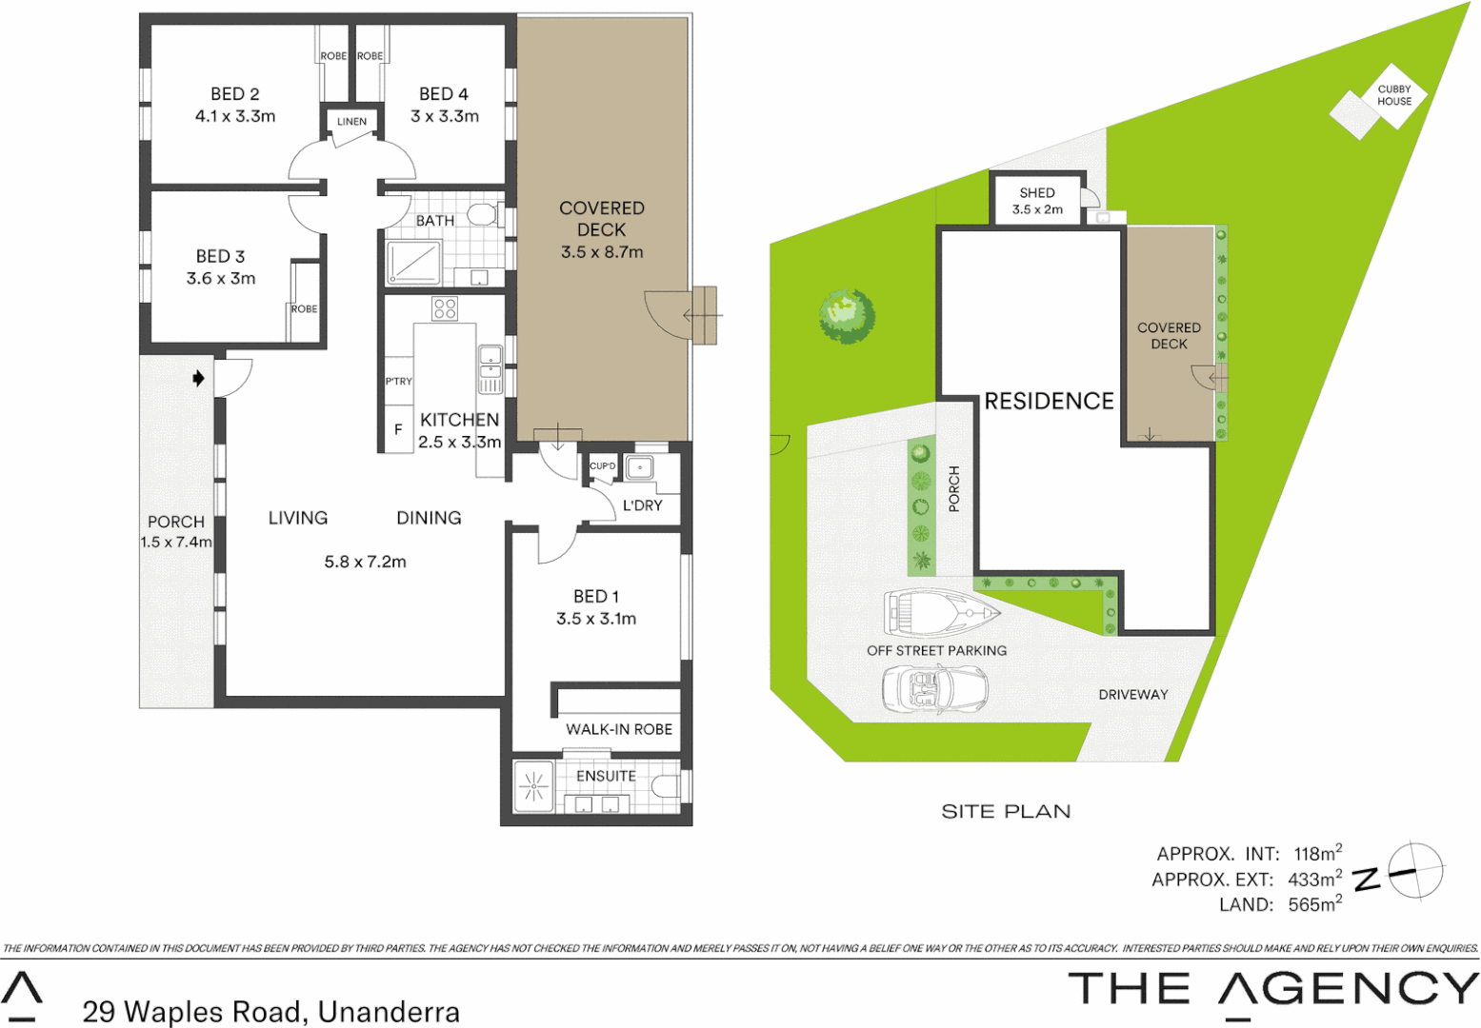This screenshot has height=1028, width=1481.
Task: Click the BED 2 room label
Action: (x=234, y=94)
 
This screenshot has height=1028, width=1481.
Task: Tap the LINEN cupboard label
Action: (x=351, y=122)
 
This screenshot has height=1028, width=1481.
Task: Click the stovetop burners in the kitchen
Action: (x=445, y=308)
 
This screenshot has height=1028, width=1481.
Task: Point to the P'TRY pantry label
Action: (x=398, y=381)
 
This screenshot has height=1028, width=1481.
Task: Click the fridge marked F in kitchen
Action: (x=398, y=429)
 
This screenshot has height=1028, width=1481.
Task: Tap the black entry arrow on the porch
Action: (x=198, y=379)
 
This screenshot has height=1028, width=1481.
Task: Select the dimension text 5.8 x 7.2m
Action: (x=365, y=562)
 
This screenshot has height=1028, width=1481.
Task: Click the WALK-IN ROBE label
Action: (x=619, y=729)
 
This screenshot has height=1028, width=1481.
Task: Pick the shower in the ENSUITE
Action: (x=533, y=787)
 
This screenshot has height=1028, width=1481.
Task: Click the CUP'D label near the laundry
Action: (x=602, y=466)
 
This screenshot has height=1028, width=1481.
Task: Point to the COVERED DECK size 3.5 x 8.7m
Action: (x=602, y=252)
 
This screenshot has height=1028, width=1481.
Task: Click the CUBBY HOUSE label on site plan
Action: (x=1393, y=95)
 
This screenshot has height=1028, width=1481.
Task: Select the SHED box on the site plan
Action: (x=1037, y=200)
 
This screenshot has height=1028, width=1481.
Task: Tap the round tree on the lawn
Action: (x=847, y=316)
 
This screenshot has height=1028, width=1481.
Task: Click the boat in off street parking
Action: (x=940, y=613)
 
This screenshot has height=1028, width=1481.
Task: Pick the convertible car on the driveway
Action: (x=934, y=689)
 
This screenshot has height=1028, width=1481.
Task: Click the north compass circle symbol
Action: (x=1415, y=870)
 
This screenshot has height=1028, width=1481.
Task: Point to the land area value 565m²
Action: (x=1314, y=904)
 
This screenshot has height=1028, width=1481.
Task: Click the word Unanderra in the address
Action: (x=389, y=1012)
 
